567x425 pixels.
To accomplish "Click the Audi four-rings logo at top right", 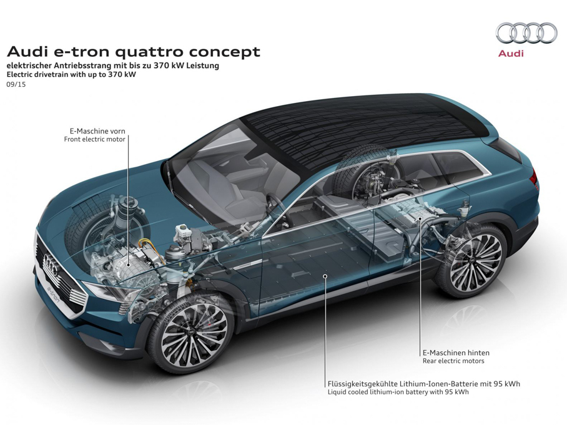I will tap(526, 33).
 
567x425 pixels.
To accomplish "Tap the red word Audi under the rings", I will tap(511, 54).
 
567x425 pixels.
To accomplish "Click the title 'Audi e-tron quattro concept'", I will tap(133, 51).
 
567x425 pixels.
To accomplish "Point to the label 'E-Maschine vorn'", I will tap(97, 131).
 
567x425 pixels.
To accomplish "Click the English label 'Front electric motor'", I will tap(95, 140).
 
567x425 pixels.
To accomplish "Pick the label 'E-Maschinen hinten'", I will tap(456, 353).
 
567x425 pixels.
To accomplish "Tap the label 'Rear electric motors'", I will tap(453, 361).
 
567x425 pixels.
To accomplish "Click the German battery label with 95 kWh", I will tap(423, 384).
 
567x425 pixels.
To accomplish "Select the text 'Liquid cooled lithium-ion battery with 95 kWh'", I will tap(398, 393).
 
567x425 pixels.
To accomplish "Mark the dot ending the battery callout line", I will tap(325, 275).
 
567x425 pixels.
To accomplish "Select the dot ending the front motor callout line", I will tap(129, 265).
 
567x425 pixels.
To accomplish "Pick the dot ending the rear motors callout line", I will tap(421, 220).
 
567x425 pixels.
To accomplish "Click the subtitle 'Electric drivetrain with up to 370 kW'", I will tap(71, 74).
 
